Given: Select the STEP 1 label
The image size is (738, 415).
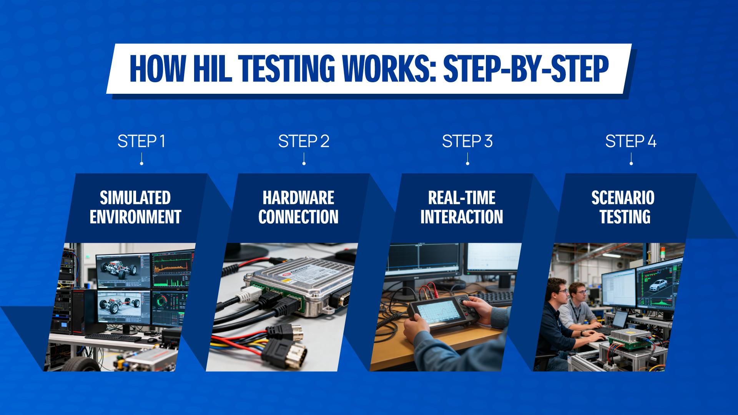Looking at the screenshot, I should click(x=141, y=141).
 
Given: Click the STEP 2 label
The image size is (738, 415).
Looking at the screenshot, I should click(x=304, y=141).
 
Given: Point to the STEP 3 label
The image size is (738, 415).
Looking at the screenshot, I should click(x=467, y=141).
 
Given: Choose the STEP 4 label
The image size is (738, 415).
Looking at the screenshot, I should click(x=631, y=141).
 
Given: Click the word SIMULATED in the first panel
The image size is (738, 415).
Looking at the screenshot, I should click(x=135, y=198).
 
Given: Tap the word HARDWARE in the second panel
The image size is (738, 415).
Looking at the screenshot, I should click(x=298, y=198).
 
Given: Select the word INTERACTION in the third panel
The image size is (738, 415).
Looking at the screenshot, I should click(x=461, y=217).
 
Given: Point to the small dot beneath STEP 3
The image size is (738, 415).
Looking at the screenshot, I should click(x=467, y=164).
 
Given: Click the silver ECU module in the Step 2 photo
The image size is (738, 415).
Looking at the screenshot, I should click(x=304, y=284).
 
